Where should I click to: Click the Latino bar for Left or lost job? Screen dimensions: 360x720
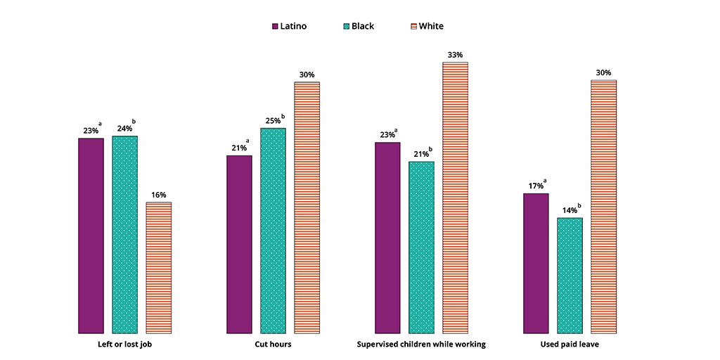[x=91, y=236]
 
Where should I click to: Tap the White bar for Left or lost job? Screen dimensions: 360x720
[x=158, y=267]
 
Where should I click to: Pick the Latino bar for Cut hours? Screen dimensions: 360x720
[x=239, y=244]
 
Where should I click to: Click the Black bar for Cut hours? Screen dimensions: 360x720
[x=273, y=231]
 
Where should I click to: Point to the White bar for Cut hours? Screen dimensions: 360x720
[x=307, y=207]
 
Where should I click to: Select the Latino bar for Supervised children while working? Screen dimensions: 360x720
[x=387, y=238]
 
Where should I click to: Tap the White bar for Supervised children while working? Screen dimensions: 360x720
[x=455, y=198]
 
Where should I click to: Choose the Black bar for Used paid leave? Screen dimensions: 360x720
[x=570, y=275]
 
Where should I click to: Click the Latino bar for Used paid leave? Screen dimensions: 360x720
[x=536, y=263]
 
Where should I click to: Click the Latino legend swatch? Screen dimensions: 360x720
[x=275, y=27]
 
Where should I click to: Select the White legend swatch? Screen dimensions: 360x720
[x=413, y=27]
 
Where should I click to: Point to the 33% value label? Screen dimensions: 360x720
[x=454, y=55]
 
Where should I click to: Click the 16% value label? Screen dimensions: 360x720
[x=158, y=195]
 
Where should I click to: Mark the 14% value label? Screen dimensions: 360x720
[x=568, y=210]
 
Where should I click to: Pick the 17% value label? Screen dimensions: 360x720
[x=534, y=186]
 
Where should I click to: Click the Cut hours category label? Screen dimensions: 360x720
[x=273, y=345]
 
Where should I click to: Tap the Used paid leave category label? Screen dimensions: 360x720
[x=570, y=345]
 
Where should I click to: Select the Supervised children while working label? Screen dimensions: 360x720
[x=421, y=345]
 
